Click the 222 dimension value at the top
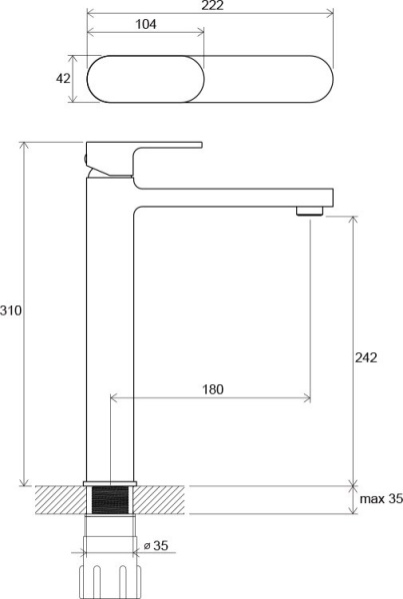[210, 6]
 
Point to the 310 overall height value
[11, 310]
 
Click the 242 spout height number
[366, 357]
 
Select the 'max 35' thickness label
[380, 499]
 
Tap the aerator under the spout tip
[310, 210]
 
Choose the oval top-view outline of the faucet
[210, 81]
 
